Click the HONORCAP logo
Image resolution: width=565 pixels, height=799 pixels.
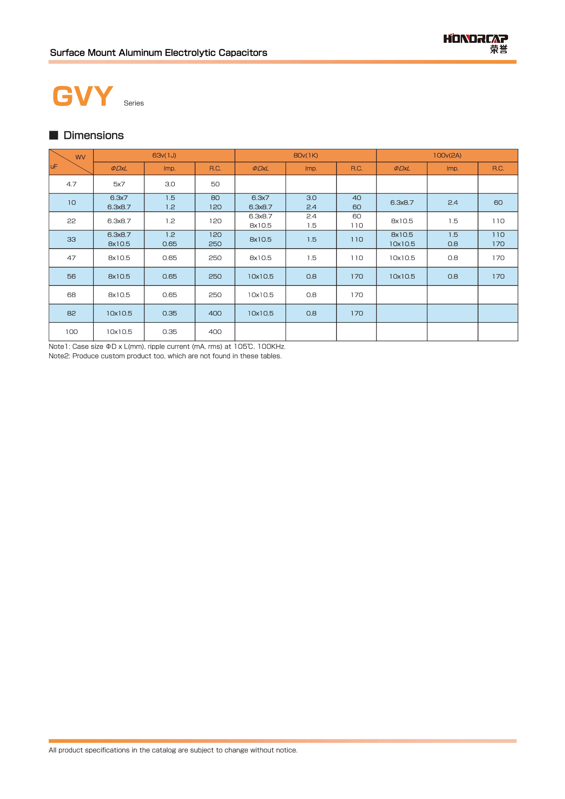tap(475, 43)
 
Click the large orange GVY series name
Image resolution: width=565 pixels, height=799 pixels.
tap(82, 96)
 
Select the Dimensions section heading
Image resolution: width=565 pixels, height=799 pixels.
tap(93, 135)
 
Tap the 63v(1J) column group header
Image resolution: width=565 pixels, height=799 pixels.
tap(164, 155)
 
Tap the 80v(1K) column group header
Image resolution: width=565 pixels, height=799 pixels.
tap(305, 155)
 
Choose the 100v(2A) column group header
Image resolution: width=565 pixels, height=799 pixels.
tap(447, 155)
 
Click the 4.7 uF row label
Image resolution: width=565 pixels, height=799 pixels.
tap(71, 184)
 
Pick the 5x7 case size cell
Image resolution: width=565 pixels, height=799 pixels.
tap(119, 184)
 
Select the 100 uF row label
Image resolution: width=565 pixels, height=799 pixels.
tap(71, 331)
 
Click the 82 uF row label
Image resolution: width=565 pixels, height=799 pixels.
tap(71, 313)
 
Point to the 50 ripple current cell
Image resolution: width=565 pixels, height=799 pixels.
tap(215, 184)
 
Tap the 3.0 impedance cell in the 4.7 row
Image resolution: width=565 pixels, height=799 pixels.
tap(169, 184)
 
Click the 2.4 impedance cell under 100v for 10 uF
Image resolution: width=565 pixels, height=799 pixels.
tap(453, 203)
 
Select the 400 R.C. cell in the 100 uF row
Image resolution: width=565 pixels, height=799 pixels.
tap(215, 331)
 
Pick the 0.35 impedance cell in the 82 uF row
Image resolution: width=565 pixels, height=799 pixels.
tap(169, 313)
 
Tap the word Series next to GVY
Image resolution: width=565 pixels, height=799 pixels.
tap(134, 103)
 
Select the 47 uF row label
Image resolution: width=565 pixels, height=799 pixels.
tap(71, 258)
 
